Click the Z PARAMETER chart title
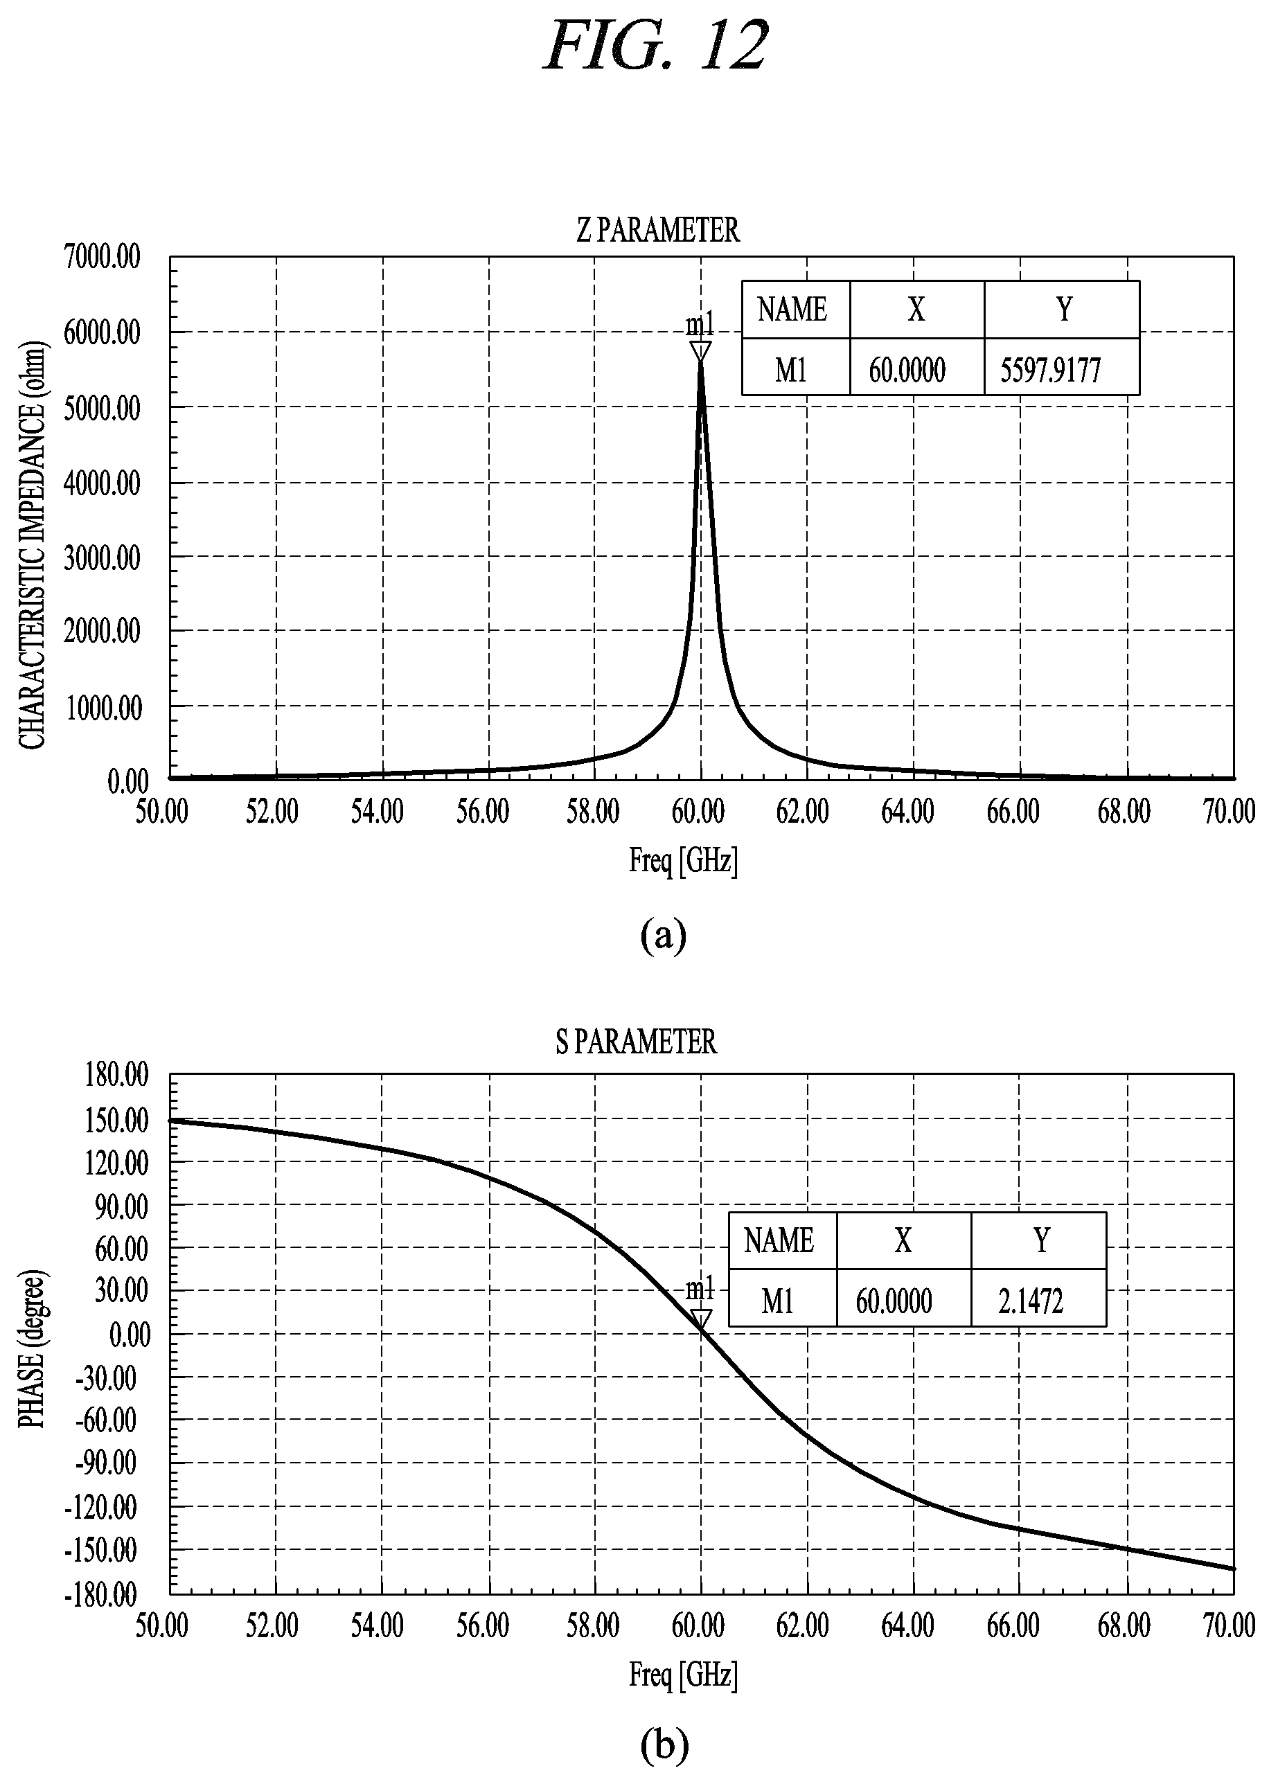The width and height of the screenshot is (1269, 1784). [658, 231]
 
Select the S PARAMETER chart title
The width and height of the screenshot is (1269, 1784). [636, 1042]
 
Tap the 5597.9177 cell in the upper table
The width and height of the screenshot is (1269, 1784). [1061, 367]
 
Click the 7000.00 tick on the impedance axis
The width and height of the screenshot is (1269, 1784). [103, 256]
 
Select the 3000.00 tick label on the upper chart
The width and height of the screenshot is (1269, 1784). [103, 557]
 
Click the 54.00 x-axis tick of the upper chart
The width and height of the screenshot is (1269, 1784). [378, 812]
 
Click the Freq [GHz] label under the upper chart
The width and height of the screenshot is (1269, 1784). [683, 861]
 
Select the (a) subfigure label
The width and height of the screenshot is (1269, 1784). [664, 935]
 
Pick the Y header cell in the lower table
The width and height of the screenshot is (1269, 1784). [1038, 1240]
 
